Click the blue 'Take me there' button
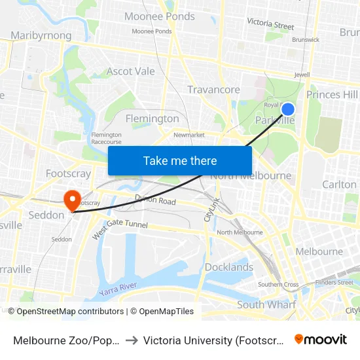180,160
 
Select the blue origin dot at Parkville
287,109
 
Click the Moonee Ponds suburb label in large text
159,16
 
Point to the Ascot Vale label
131,71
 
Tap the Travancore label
213,89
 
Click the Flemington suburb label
153,118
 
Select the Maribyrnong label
41,35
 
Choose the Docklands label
229,267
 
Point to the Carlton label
339,185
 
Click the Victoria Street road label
270,25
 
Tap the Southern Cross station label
278,285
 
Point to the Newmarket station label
189,135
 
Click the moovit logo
320,339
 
